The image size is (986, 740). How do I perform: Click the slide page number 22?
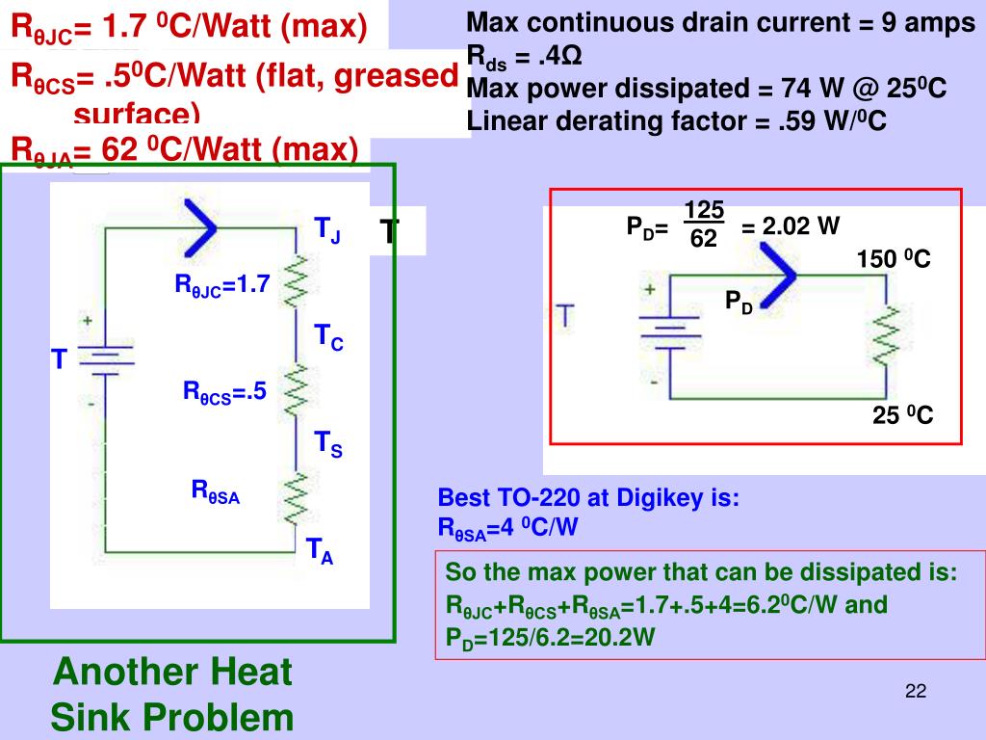(x=915, y=692)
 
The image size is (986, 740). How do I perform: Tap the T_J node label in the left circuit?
(x=327, y=230)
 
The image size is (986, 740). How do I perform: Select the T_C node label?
(x=328, y=337)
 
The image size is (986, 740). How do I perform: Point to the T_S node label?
(x=328, y=444)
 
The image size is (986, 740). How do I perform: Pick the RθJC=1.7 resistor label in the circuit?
(x=222, y=285)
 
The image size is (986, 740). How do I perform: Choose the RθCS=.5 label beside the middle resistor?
(x=224, y=393)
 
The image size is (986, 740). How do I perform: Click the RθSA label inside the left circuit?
(x=216, y=491)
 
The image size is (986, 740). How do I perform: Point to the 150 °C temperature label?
(x=894, y=260)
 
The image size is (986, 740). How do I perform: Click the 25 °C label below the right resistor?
(x=902, y=417)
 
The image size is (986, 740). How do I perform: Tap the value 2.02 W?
(x=791, y=227)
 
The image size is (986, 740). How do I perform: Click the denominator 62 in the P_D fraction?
(x=704, y=238)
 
